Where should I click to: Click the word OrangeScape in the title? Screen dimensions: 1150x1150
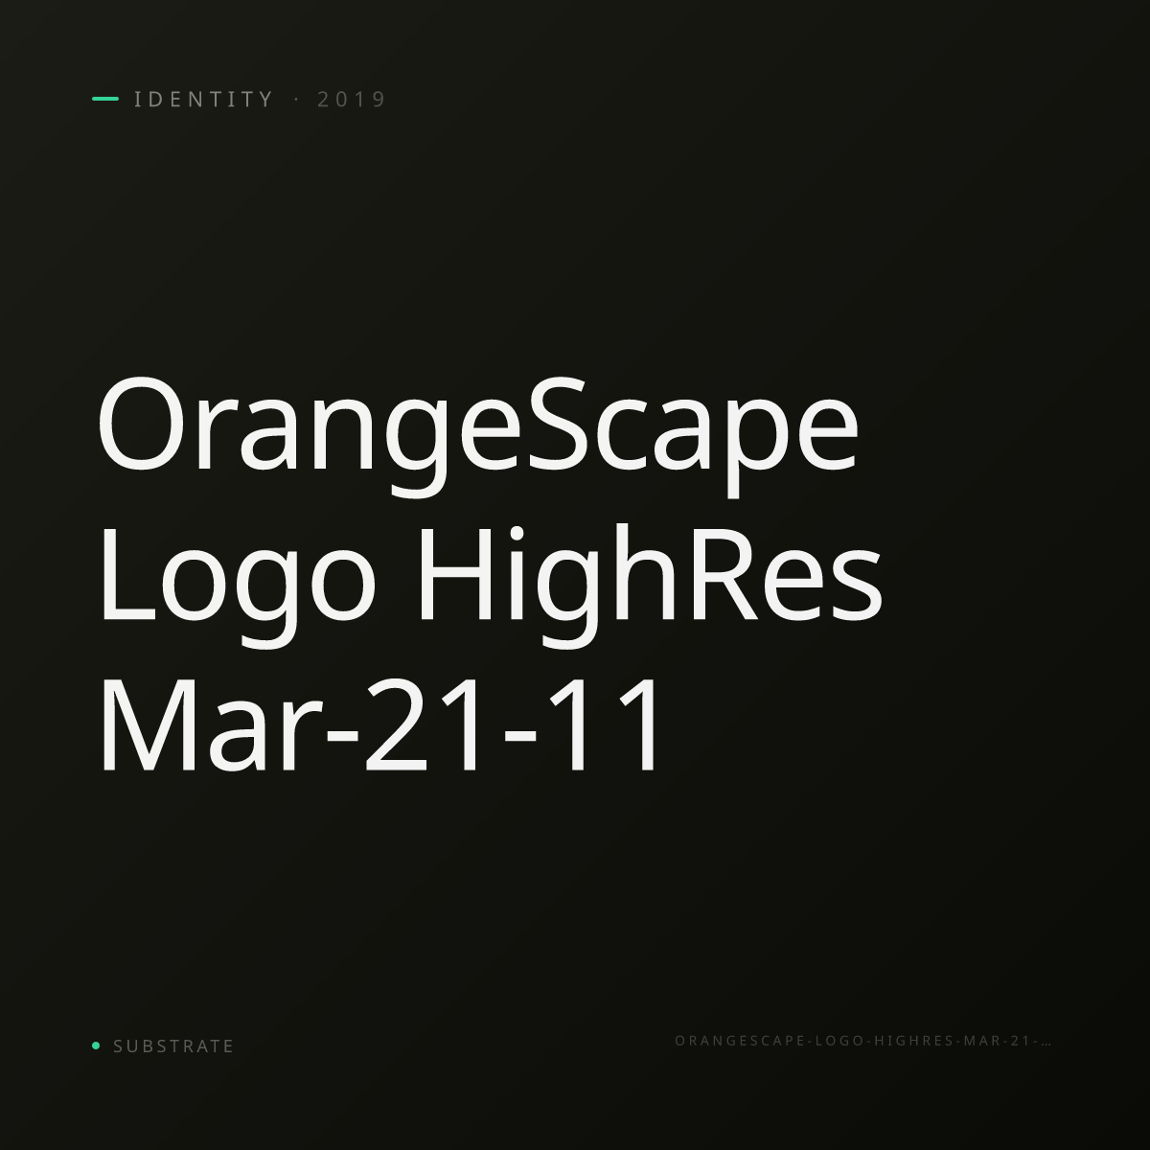[x=478, y=436]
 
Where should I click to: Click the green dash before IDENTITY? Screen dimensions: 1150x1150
[x=105, y=99]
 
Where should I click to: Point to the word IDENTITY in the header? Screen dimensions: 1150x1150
[x=203, y=99]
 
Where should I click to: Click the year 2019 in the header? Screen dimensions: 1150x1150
[x=352, y=99]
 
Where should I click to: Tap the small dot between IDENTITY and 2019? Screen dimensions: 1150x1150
[x=296, y=99]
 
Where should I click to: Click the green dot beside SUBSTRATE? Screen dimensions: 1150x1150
[x=96, y=1045]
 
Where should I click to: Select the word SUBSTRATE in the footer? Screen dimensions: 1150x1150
[x=173, y=1046]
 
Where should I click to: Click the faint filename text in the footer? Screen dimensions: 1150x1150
[x=862, y=1041]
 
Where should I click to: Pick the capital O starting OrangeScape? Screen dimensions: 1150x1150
[x=138, y=424]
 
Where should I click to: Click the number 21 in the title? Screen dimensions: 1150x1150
[x=422, y=724]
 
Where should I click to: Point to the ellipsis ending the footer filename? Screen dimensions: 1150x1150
[x=1046, y=1045]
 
